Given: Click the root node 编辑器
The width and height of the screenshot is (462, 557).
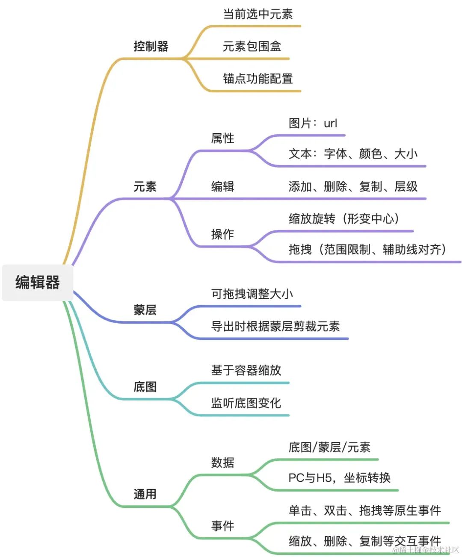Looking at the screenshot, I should click(x=38, y=283).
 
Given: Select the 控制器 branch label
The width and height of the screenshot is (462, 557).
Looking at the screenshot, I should click(x=151, y=46).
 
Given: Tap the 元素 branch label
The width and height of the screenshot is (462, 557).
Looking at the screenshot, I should click(x=145, y=186).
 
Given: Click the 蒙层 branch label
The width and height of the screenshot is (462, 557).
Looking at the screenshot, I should click(x=145, y=309).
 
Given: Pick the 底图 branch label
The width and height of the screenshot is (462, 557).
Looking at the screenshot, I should click(x=145, y=386).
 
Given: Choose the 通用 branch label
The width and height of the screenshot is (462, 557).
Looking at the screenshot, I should click(x=145, y=494).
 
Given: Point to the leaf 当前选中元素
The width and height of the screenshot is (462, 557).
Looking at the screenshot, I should click(x=258, y=14).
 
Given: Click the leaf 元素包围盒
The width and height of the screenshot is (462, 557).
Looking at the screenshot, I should click(x=252, y=46).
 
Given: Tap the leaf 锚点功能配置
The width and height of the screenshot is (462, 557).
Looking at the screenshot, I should click(x=258, y=79).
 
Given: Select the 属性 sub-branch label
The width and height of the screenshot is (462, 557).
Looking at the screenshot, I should click(x=222, y=138).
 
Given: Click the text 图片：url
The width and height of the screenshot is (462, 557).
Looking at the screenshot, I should click(x=313, y=123).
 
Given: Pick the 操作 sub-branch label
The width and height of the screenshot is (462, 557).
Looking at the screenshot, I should click(x=222, y=234).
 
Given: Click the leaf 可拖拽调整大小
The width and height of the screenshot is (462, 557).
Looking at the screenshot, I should click(x=252, y=294).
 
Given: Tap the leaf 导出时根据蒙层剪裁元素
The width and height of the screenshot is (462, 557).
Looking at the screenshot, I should click(x=275, y=326).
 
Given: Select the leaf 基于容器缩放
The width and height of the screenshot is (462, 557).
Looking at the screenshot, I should click(x=246, y=370).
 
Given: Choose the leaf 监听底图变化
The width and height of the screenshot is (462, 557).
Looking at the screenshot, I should click(x=246, y=403).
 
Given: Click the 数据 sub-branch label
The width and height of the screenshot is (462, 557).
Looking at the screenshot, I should click(x=222, y=463).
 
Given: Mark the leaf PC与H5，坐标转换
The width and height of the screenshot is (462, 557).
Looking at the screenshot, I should click(x=340, y=477).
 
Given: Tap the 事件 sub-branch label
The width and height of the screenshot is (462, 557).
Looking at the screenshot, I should click(x=222, y=526).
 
